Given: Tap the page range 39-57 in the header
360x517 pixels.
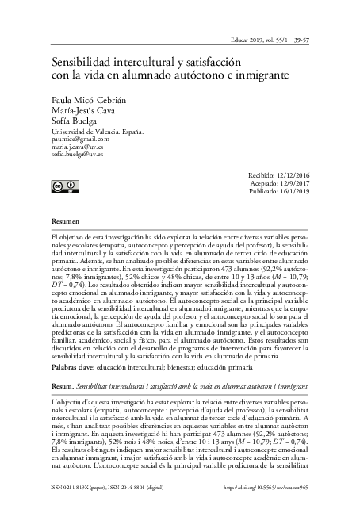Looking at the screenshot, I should point(301,37).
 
